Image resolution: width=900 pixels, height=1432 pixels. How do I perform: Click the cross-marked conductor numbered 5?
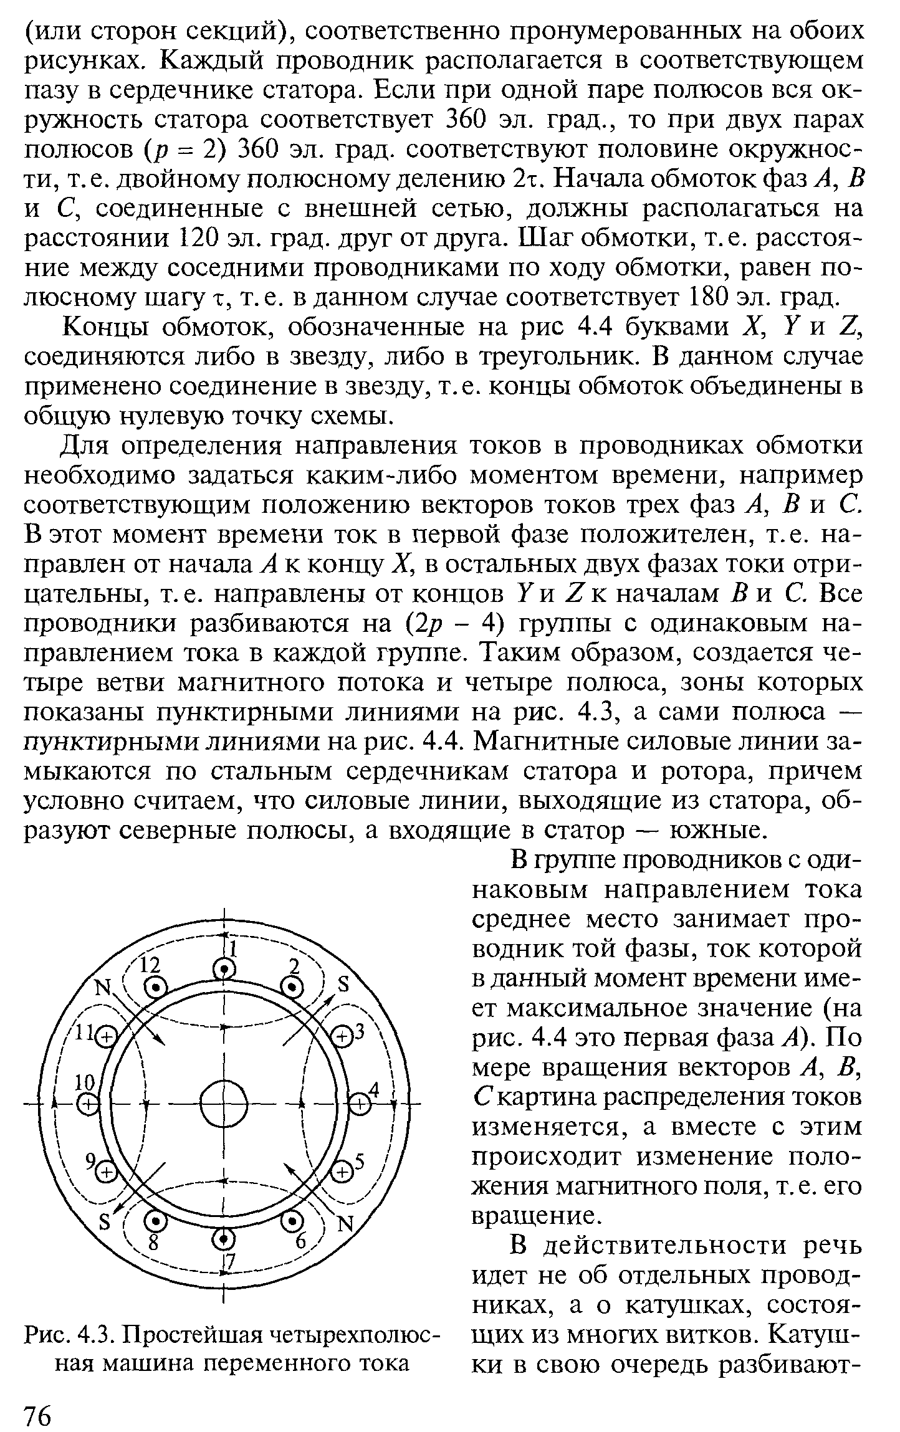(342, 1172)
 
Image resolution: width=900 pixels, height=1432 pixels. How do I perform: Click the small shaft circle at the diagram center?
(223, 1104)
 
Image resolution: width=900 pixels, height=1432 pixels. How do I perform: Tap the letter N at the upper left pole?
(102, 989)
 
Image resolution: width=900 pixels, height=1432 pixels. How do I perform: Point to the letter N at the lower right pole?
(345, 1224)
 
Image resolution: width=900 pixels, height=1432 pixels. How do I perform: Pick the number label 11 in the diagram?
(84, 1035)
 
